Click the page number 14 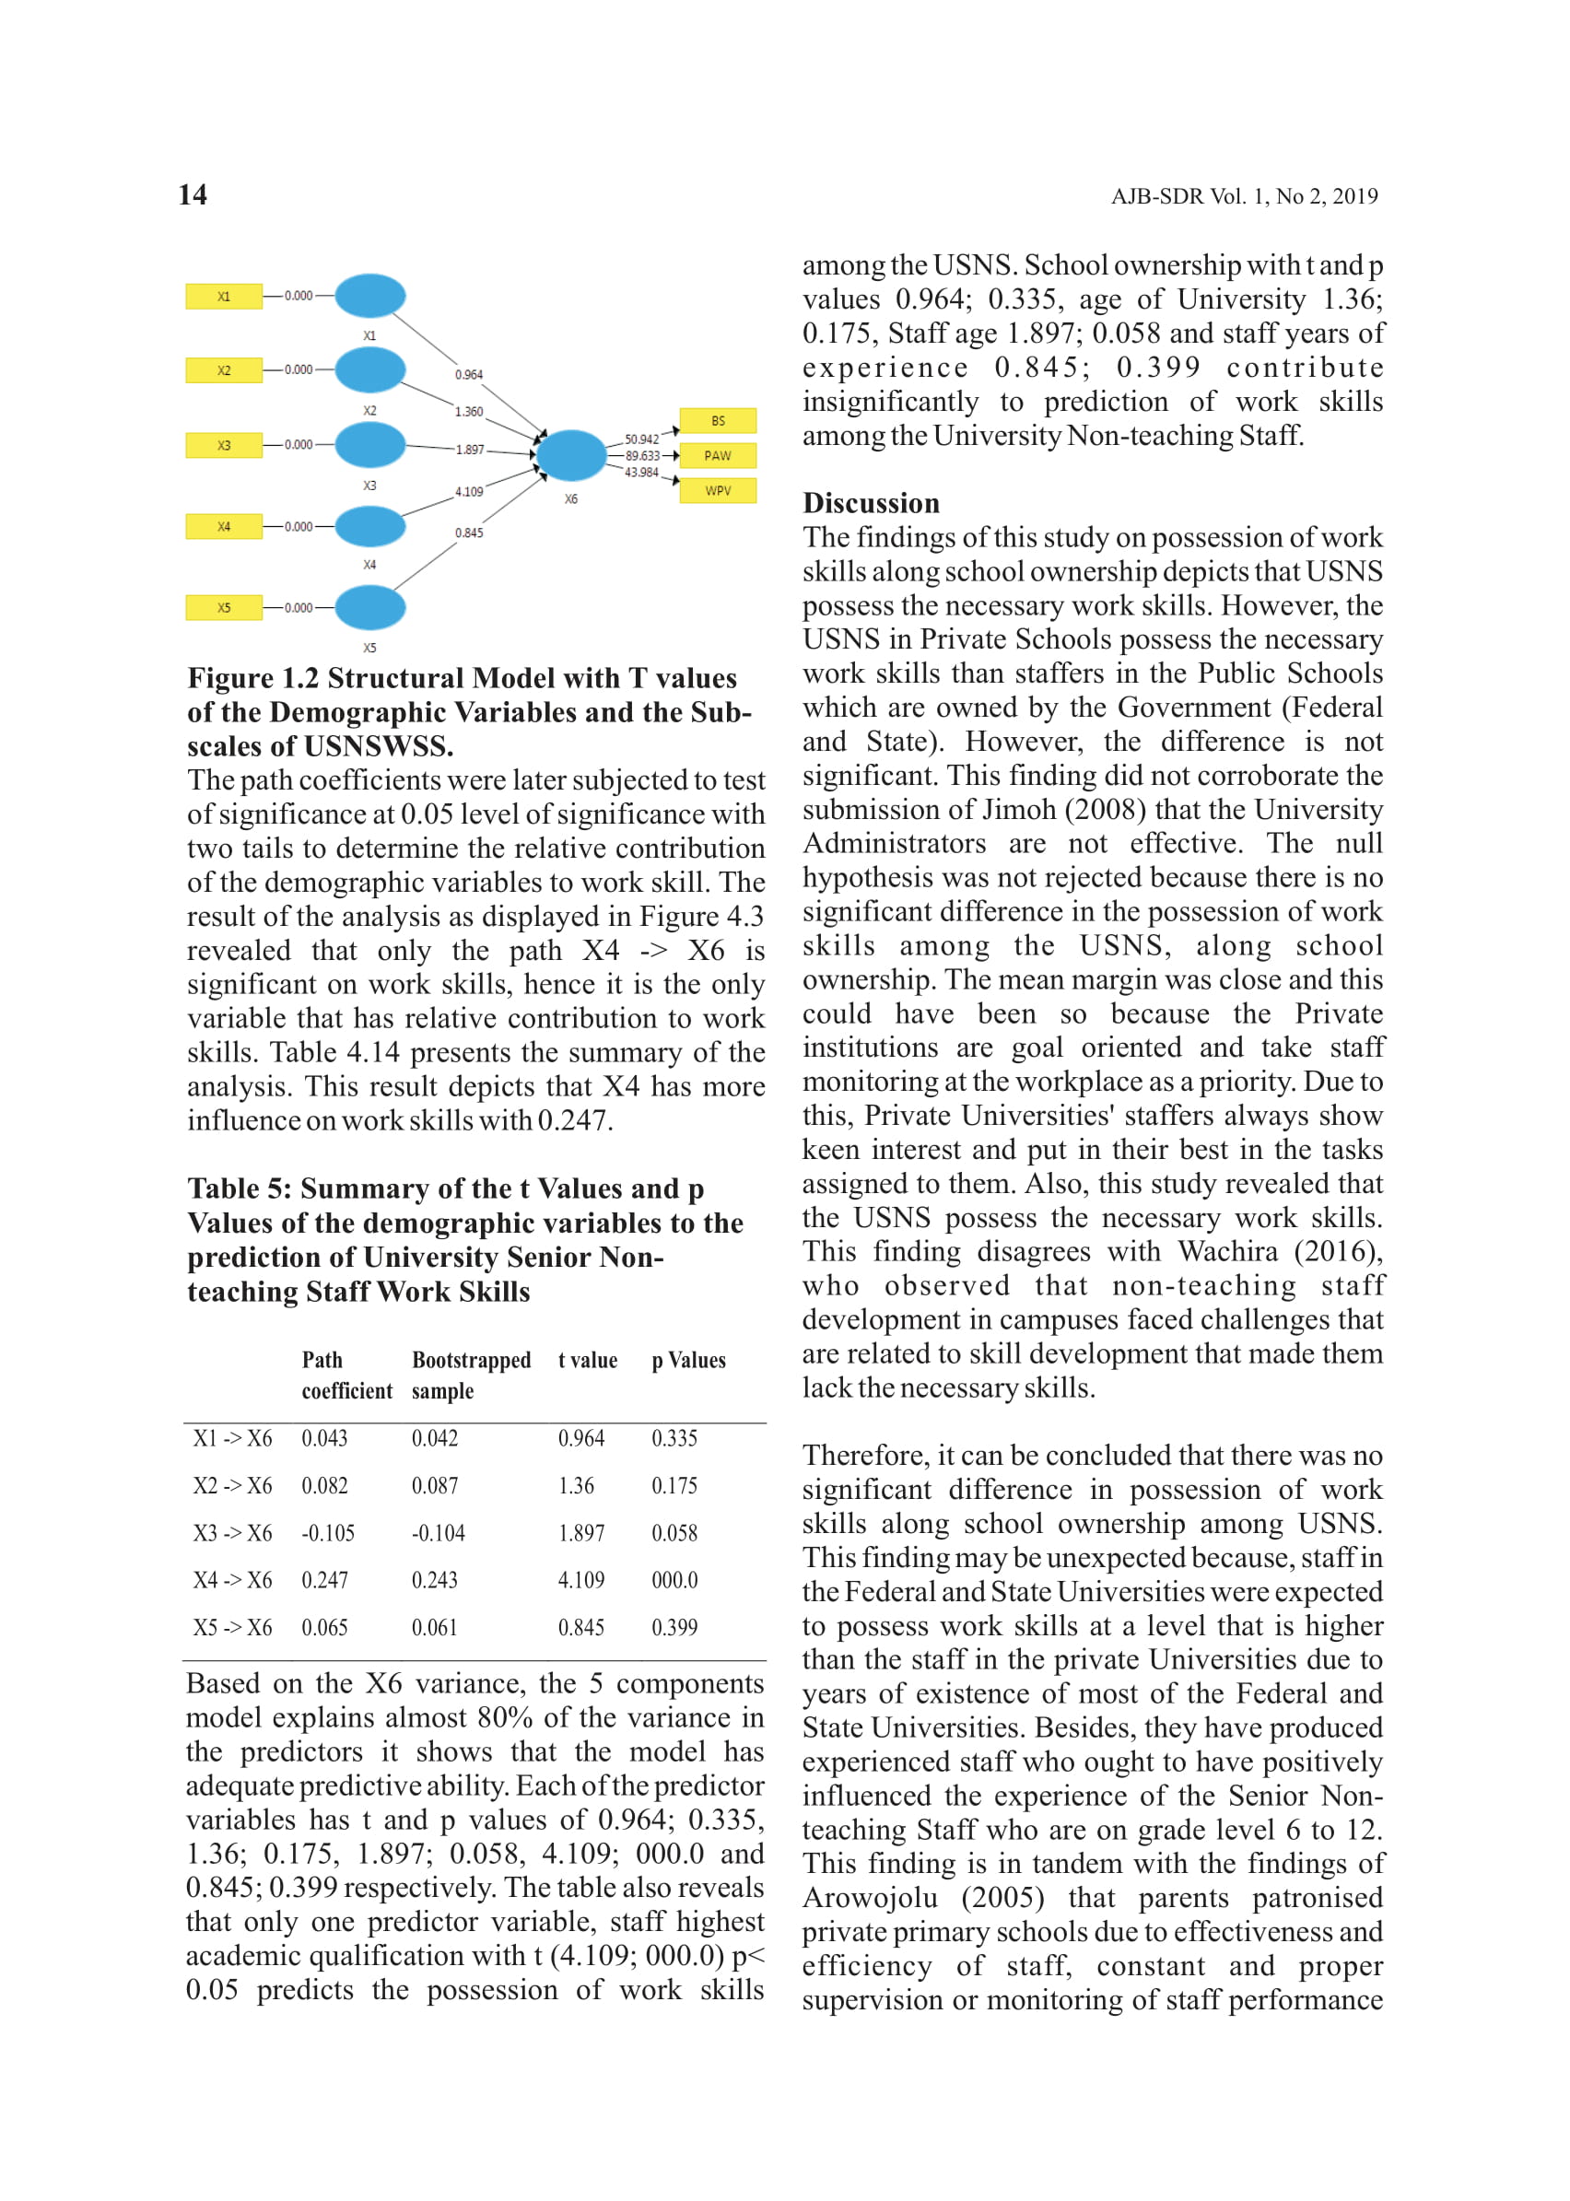(193, 195)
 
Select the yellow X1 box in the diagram (223, 296)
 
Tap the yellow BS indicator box (718, 420)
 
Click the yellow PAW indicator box (718, 455)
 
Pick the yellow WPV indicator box (718, 490)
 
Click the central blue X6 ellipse (571, 455)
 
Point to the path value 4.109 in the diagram (469, 492)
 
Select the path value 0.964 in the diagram (469, 374)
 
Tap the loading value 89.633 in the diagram (642, 455)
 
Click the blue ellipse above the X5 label (369, 608)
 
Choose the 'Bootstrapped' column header (471, 1360)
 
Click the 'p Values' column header (687, 1360)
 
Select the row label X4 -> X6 (232, 1580)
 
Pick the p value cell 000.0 (674, 1580)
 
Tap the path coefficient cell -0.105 (328, 1533)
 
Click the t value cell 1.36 (576, 1486)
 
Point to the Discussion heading (870, 503)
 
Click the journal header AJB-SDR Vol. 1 (1243, 196)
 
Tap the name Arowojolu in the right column (869, 1898)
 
